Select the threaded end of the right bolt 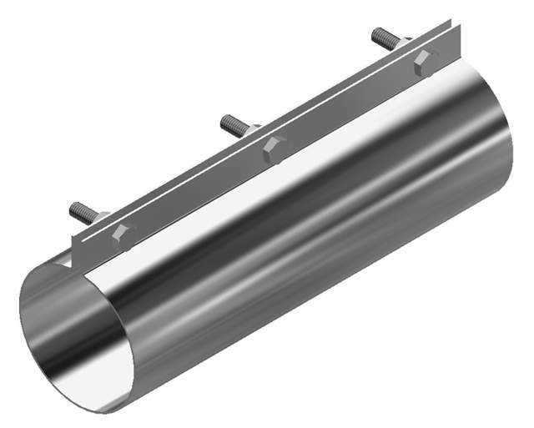point(380,36)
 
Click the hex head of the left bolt point(122,236)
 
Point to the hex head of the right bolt point(425,61)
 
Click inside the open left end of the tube point(71,334)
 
